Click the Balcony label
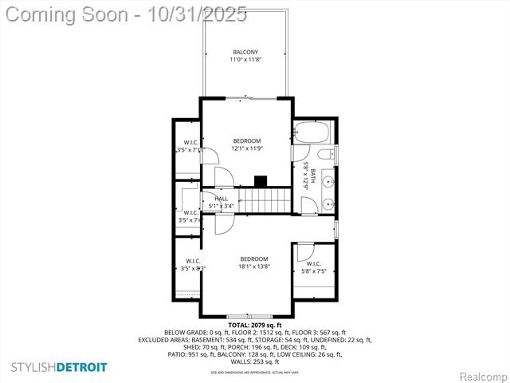coord(245,52)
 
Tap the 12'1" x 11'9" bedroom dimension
coord(247,148)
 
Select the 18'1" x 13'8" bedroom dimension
coord(254,266)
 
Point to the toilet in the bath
coord(325,155)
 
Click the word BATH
coord(313,176)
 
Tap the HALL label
coord(221,199)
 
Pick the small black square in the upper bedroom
coord(260,181)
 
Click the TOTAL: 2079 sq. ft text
coord(254,326)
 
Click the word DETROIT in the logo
coord(81,367)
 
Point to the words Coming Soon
coord(68,14)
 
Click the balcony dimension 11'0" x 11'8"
coord(245,60)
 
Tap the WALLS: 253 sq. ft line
coord(254,361)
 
